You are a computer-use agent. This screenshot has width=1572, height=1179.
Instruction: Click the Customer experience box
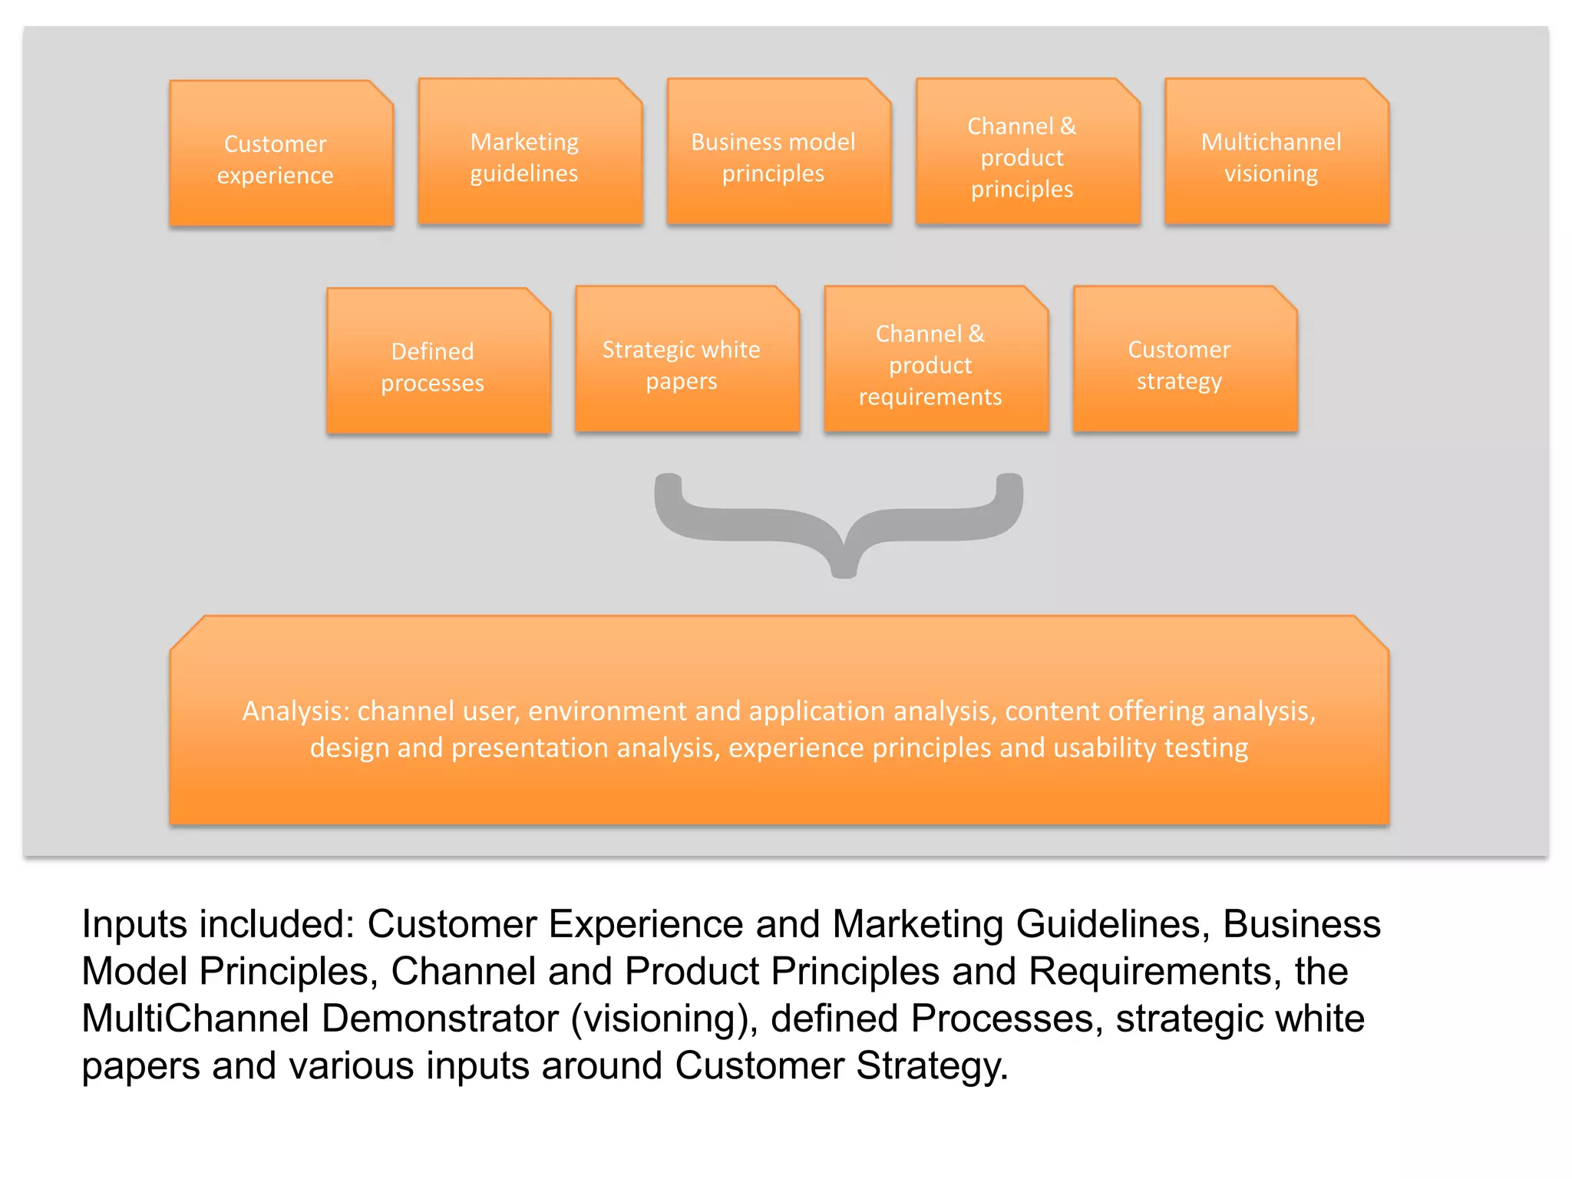pyautogui.click(x=281, y=154)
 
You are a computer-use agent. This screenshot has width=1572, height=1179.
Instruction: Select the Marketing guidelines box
pyautogui.click(x=530, y=152)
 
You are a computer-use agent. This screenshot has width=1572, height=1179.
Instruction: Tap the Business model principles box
pyautogui.click(x=778, y=152)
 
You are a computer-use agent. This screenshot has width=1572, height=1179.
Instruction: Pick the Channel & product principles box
pyautogui.click(x=1027, y=152)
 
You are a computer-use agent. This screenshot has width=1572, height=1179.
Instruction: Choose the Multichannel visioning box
pyautogui.click(x=1276, y=152)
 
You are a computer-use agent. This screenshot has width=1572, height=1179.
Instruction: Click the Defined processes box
pyautogui.click(x=438, y=362)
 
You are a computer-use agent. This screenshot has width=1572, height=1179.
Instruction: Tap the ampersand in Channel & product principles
pyautogui.click(x=1068, y=126)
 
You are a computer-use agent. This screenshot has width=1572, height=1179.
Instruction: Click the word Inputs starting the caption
pyautogui.click(x=134, y=924)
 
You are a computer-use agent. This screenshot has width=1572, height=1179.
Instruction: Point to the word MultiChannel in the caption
pyautogui.click(x=195, y=1019)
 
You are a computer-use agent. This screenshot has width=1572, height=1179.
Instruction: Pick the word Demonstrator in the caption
pyautogui.click(x=440, y=1019)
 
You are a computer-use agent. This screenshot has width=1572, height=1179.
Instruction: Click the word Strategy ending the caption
pyautogui.click(x=931, y=1067)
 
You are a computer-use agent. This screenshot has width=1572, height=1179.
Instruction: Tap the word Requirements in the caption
pyautogui.click(x=1154, y=972)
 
